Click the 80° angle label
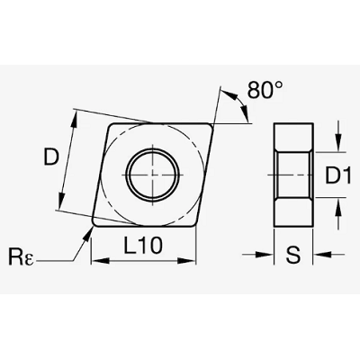tap(265, 89)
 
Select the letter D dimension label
tap(50, 157)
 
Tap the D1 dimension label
tap(338, 175)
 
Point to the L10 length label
tap(143, 245)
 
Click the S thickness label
tap(292, 255)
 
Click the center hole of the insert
tap(152, 175)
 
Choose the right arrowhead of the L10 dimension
tap(187, 260)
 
